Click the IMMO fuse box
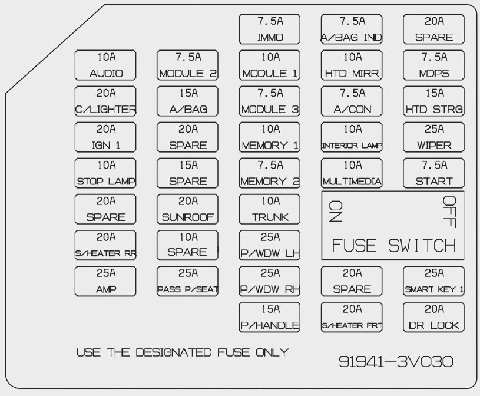270,29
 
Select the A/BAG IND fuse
352,29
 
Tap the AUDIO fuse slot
106,65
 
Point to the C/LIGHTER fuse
106,101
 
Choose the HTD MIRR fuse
352,65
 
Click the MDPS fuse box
435,65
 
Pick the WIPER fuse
435,137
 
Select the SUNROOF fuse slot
188,209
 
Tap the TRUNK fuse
270,209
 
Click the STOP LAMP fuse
106,173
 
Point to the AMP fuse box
106,281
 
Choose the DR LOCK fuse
435,317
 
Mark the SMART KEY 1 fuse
435,281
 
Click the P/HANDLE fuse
270,317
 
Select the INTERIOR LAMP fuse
352,137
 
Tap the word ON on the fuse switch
336,210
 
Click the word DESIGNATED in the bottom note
173,352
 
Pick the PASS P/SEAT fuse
188,281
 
